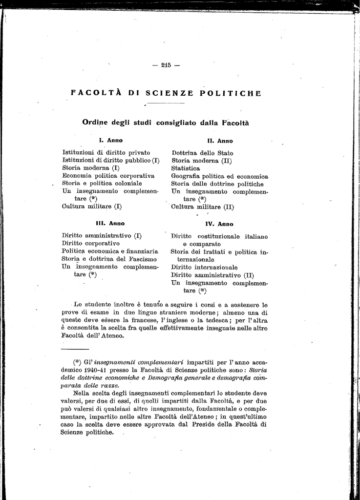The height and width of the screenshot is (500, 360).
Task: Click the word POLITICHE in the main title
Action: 231,93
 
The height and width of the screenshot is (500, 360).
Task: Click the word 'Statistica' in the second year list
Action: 186,168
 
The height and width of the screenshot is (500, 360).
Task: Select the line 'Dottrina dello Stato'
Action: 202,153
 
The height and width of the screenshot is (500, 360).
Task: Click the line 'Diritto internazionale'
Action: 204,268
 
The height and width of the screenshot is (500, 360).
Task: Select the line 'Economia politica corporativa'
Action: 108,176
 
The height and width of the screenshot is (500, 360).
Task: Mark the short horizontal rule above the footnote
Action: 75,350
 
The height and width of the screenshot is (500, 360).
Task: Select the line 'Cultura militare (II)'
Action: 203,207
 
